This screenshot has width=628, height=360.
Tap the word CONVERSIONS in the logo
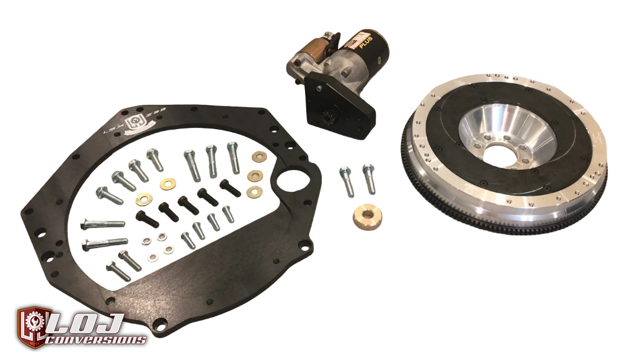pos(98,340)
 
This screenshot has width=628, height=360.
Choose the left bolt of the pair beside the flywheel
pos(347,181)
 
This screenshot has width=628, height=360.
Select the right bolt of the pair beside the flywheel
pos(368,178)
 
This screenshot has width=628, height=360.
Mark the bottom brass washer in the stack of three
pos(255,191)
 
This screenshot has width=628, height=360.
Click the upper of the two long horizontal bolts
pos(102,224)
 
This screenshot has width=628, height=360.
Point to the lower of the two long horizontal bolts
pos(105,242)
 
